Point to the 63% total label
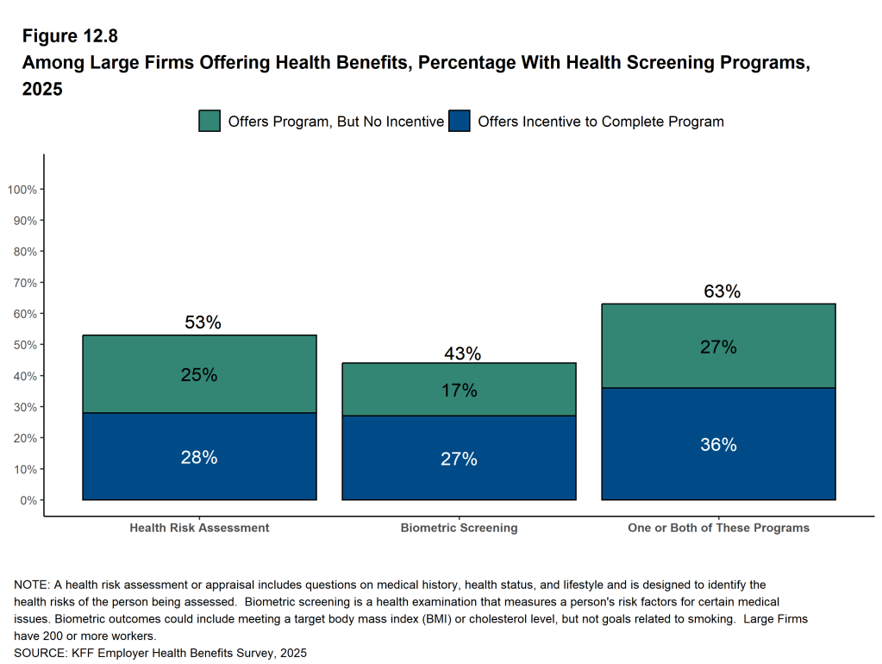[722, 291]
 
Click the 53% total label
[203, 323]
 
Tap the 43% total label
[462, 354]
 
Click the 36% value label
[718, 445]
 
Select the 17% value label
[459, 391]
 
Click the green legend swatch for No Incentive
[210, 122]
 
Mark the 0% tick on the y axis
[28, 500]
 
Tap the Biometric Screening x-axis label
[459, 528]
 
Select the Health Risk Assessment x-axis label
[199, 528]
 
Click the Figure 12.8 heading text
[69, 36]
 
